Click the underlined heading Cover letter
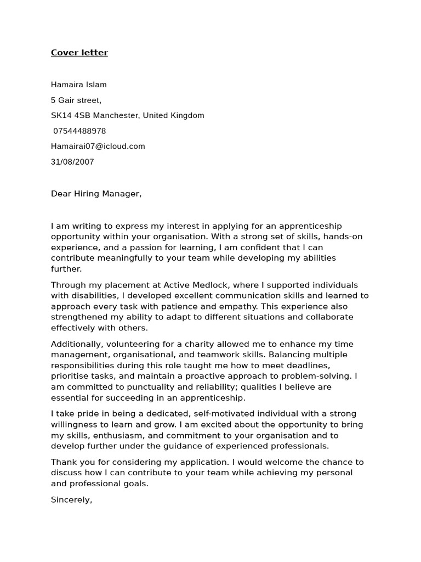point(79,53)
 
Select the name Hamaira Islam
point(79,85)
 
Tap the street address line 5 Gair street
point(76,100)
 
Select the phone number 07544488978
point(79,131)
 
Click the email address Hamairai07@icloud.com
point(98,146)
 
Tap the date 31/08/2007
point(72,162)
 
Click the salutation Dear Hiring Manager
point(96,194)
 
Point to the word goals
point(134,484)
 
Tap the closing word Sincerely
point(71,500)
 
